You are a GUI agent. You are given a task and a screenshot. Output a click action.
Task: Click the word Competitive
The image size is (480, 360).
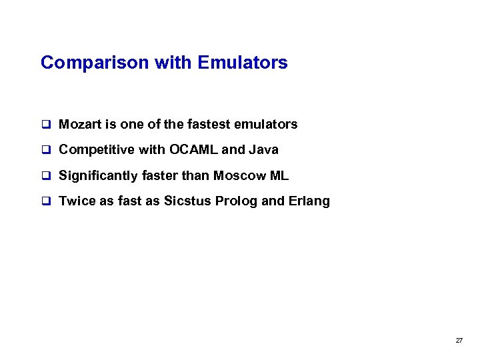click(96, 149)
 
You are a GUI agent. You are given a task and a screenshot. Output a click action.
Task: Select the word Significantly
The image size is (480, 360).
click(99, 175)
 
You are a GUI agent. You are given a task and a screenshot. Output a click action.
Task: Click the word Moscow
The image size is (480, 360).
click(238, 175)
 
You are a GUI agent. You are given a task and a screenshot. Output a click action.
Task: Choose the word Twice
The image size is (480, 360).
click(77, 201)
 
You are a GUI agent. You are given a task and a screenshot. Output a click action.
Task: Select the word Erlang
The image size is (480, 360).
click(309, 201)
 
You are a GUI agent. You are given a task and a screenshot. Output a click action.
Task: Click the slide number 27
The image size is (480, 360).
click(459, 340)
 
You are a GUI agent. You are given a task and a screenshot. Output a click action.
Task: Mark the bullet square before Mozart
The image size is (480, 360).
click(46, 125)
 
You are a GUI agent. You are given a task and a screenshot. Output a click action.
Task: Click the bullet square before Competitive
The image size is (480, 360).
click(46, 150)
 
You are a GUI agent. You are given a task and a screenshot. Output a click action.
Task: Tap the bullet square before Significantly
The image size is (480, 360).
click(46, 176)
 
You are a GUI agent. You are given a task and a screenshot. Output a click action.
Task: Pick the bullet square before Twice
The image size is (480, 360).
click(46, 202)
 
